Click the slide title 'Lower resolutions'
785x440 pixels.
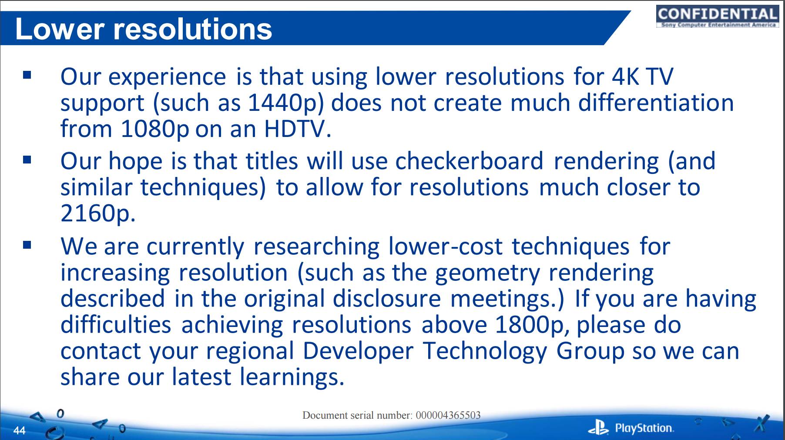[x=144, y=29]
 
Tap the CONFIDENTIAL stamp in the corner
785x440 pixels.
[x=717, y=17]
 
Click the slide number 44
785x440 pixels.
[x=20, y=430]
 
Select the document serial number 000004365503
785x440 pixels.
[x=448, y=415]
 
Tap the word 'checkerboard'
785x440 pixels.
[x=470, y=161]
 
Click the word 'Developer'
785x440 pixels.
[x=358, y=351]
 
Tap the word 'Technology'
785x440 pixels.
[x=485, y=351]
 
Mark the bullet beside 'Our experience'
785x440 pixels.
[x=27, y=75]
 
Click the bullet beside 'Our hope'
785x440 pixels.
[x=27, y=160]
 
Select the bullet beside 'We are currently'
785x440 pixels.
[x=27, y=245]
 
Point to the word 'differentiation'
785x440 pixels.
[x=656, y=103]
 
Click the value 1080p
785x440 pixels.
[x=155, y=129]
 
